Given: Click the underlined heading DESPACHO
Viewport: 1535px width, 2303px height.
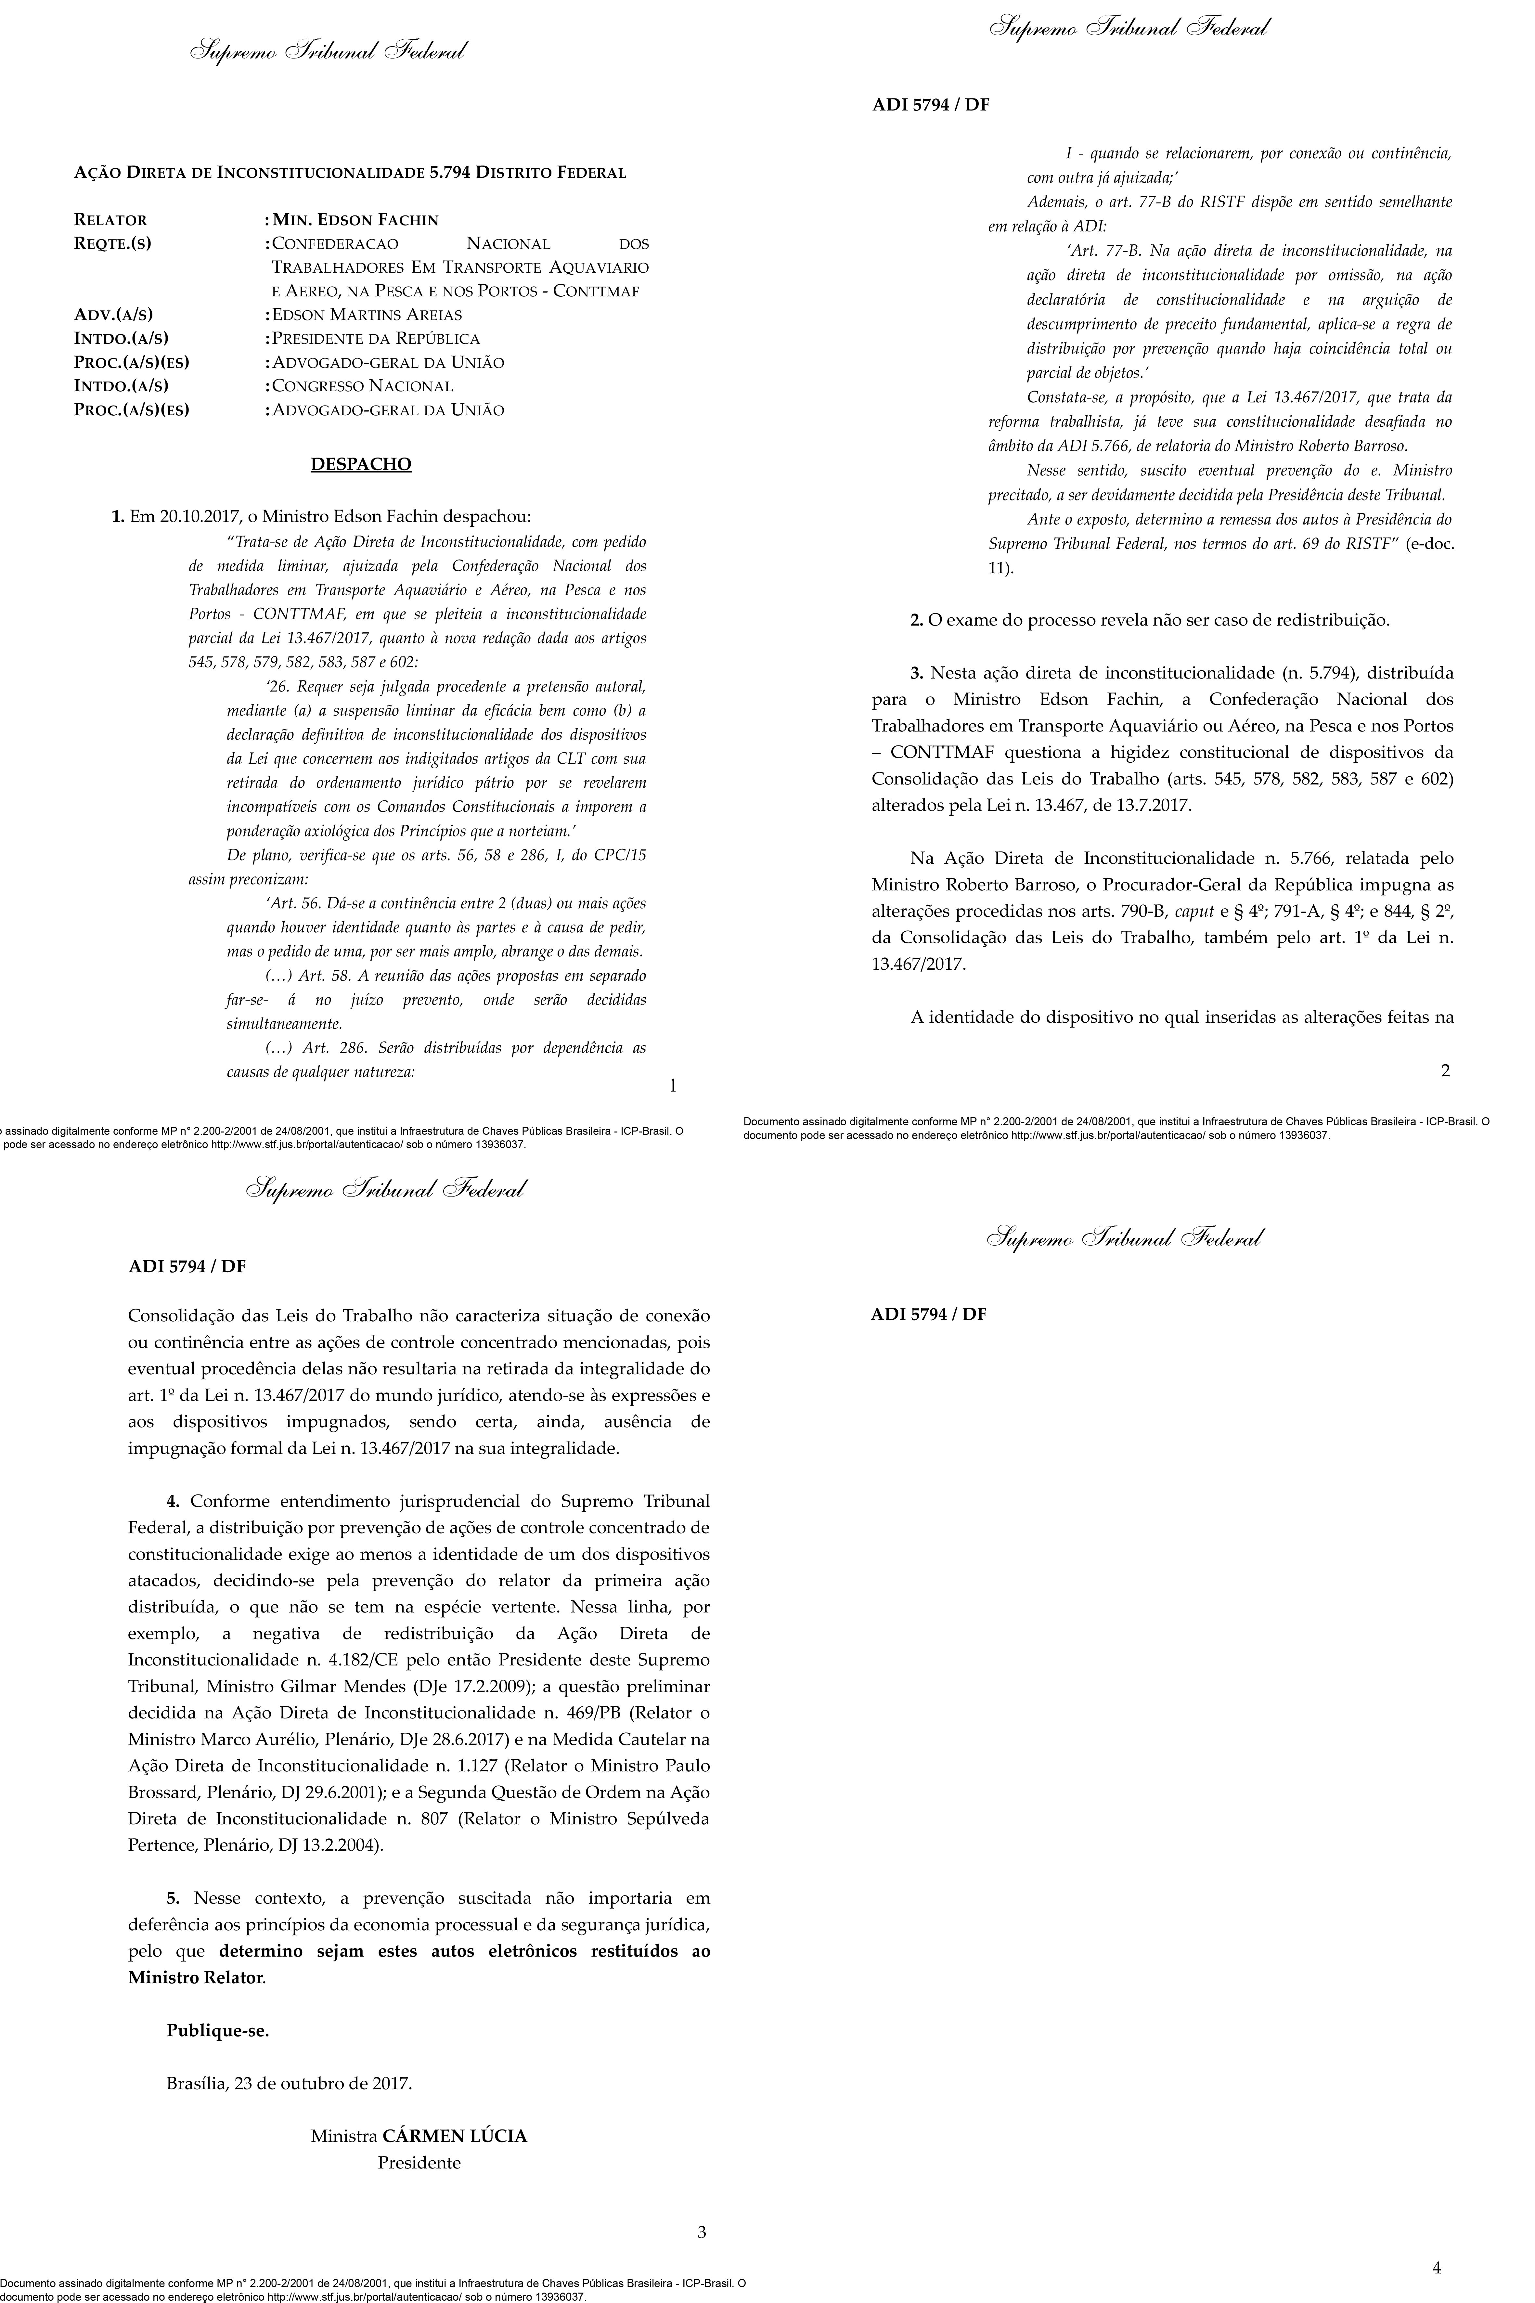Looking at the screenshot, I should point(361,464).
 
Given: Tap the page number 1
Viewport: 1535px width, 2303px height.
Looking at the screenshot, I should point(672,1084).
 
